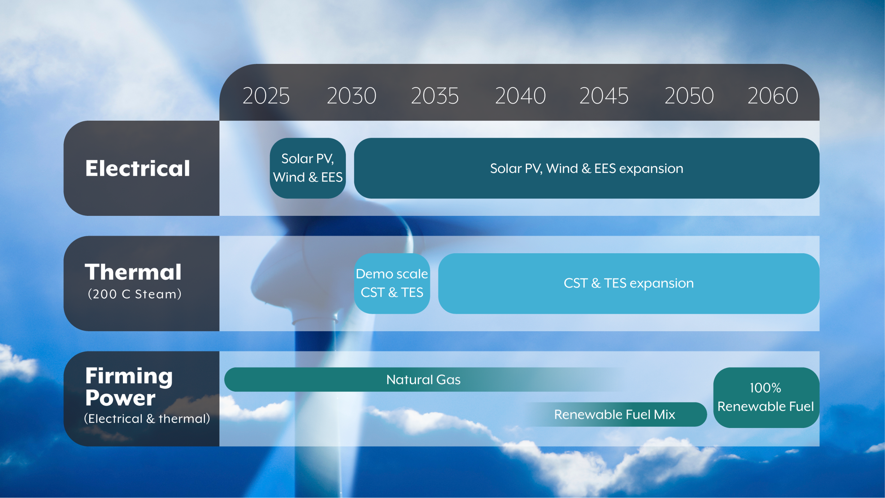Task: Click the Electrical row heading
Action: pyautogui.click(x=138, y=168)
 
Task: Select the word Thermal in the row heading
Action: pyautogui.click(x=133, y=272)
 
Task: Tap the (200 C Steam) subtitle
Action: pyautogui.click(x=135, y=294)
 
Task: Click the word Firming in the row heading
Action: pyautogui.click(x=129, y=377)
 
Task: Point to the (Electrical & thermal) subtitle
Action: pyautogui.click(x=147, y=419)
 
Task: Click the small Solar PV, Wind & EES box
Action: pyautogui.click(x=307, y=168)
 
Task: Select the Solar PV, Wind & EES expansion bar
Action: pyautogui.click(x=586, y=168)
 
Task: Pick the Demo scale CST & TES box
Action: pyautogui.click(x=392, y=284)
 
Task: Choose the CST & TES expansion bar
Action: pyautogui.click(x=629, y=284)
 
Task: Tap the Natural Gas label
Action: pyautogui.click(x=423, y=380)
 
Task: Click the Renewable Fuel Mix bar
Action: pyautogui.click(x=615, y=414)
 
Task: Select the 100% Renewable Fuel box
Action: pyautogui.click(x=766, y=397)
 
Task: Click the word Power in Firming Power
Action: pyautogui.click(x=120, y=398)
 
